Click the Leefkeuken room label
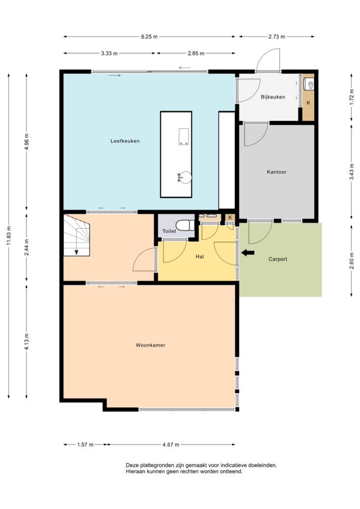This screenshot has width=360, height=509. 125,141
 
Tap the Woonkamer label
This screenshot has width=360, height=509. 150,345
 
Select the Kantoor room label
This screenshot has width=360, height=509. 276,171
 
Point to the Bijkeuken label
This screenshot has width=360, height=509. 273,97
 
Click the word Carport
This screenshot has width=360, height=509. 278,259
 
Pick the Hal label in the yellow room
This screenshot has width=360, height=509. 199,256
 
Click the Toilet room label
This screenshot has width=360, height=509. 169,231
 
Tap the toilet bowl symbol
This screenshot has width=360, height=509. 184,225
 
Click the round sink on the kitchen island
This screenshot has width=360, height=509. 185,177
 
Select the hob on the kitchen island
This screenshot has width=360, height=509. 184,136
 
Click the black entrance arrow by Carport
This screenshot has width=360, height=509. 248,253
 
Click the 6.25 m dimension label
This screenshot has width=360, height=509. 149,37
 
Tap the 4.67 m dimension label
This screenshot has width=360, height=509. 171,445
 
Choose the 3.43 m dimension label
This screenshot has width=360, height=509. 352,172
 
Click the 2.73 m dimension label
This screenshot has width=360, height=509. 276,37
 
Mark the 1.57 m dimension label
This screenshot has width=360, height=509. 86,445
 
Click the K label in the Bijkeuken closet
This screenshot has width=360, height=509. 308,102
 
